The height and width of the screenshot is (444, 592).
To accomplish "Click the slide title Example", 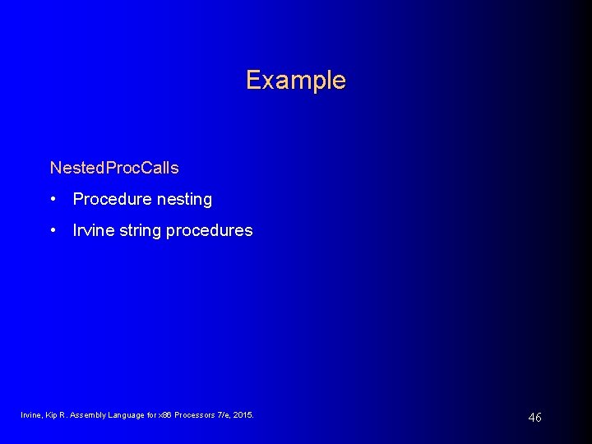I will click(295, 81).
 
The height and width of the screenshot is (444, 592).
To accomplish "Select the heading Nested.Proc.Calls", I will click(114, 168).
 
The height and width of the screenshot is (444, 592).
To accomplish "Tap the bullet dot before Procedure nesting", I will click(53, 199).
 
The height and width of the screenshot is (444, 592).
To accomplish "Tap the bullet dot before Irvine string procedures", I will click(53, 230).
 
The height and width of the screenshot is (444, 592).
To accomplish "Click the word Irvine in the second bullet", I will click(91, 230).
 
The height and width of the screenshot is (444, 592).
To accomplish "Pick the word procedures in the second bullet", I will click(209, 231).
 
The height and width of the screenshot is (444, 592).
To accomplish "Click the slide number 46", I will click(534, 418).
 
